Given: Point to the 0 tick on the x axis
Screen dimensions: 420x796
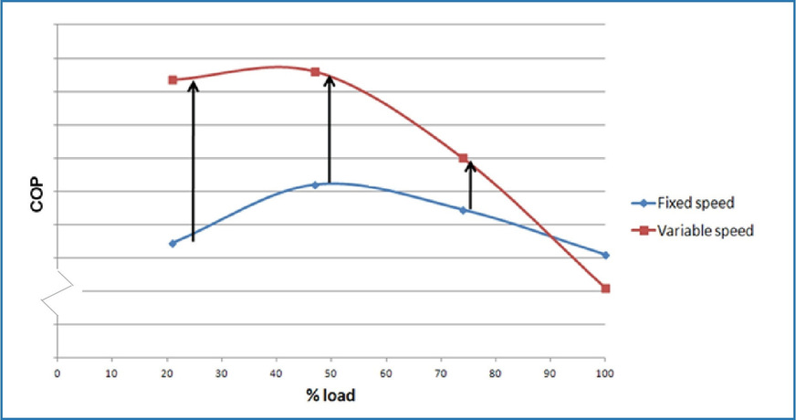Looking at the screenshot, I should (x=57, y=373).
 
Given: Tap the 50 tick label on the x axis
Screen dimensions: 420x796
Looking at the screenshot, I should (x=330, y=373).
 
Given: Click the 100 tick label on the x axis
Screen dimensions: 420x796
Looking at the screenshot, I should (x=603, y=373).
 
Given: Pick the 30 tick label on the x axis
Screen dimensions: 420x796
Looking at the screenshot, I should (x=221, y=373).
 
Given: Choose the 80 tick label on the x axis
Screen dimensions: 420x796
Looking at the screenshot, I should (x=495, y=373).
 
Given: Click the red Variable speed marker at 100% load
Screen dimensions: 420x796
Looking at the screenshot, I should (x=605, y=289).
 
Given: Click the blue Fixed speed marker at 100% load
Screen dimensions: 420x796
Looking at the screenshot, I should (x=605, y=255).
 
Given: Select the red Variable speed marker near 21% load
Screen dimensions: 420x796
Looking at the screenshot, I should (x=173, y=79).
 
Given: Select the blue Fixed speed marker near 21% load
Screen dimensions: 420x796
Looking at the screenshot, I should (x=173, y=243).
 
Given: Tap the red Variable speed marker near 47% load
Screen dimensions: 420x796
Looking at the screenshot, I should (x=315, y=71).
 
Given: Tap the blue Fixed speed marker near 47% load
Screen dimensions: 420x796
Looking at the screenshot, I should (x=315, y=184).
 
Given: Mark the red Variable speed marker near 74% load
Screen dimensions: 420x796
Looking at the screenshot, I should (x=463, y=158).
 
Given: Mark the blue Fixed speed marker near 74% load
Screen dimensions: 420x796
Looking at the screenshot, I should (x=463, y=210).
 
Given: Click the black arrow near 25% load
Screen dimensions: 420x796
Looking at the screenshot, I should (x=193, y=160).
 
